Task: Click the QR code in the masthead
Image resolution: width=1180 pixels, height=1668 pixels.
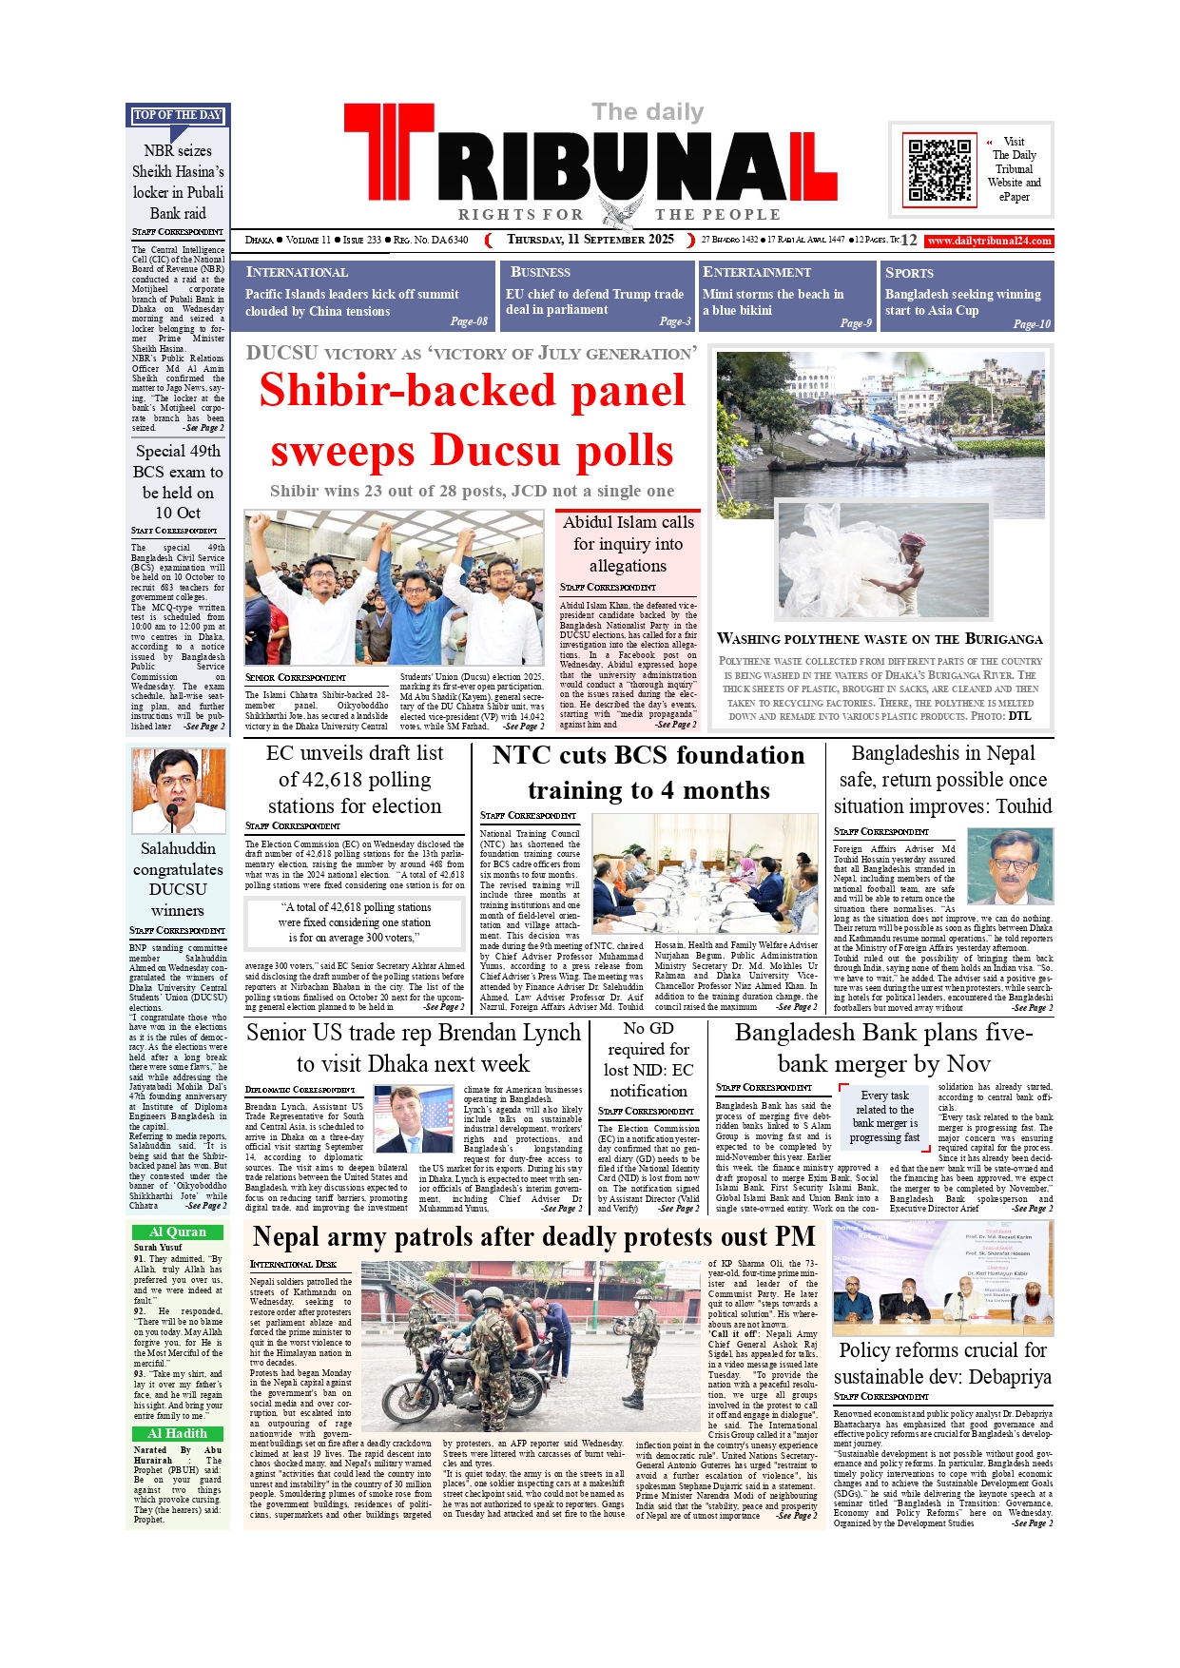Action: click(938, 170)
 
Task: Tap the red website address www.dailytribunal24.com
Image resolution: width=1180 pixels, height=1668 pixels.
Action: click(989, 241)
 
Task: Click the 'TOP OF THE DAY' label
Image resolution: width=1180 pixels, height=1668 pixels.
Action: click(178, 115)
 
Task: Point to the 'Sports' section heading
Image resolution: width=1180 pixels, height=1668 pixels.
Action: click(909, 273)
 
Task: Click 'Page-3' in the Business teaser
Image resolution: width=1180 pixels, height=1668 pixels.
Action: click(675, 321)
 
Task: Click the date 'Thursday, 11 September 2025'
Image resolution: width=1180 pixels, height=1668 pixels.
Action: click(590, 240)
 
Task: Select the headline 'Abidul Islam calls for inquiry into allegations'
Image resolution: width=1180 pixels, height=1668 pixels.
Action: click(628, 544)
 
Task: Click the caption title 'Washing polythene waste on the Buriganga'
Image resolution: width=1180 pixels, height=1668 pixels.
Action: click(880, 639)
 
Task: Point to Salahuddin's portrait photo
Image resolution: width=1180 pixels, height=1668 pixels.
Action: click(178, 790)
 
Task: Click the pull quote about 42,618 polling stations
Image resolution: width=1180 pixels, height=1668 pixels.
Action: click(355, 921)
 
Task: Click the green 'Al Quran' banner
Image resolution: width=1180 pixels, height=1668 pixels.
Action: click(178, 1232)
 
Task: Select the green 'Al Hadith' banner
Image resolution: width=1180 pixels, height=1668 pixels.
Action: click(178, 1433)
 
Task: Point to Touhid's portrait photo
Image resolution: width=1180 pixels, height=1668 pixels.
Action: click(1010, 865)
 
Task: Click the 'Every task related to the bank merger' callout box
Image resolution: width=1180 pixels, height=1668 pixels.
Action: click(884, 1116)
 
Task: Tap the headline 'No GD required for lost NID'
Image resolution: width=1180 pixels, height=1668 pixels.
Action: click(648, 1059)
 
